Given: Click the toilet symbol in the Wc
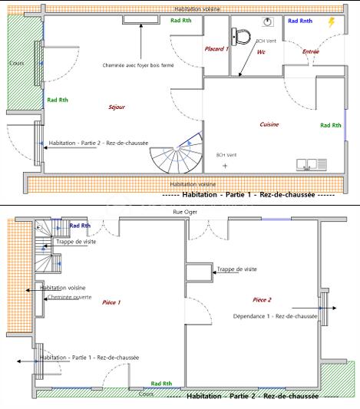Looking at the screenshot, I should pos(241,35).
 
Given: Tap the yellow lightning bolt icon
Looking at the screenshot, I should pos(332,23).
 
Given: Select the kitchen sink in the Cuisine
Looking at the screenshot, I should pos(312,163).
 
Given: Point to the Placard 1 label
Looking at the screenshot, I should pos(216,48).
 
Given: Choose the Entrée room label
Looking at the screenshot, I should pos(311,51).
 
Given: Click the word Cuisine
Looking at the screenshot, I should pos(269,124).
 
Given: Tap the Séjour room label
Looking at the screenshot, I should pos(117,107).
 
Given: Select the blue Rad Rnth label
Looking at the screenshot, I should pos(300,21).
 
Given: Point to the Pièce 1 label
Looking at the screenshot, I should pos(111,302).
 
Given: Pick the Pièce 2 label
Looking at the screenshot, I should pos(262,299).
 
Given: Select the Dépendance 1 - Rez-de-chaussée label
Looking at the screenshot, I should pos(275,315).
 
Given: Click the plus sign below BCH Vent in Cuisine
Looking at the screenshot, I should pos(225,166).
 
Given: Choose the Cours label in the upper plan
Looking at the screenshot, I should pos(16,63).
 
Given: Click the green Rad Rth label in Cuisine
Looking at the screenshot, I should pos(331,125).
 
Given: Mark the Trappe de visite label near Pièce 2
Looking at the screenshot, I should pos(236,269).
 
